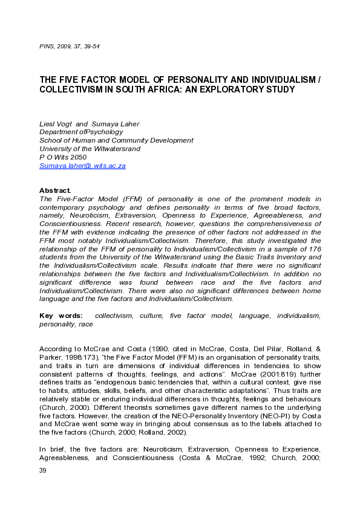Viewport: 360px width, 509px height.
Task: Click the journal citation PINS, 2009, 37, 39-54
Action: pos(70,47)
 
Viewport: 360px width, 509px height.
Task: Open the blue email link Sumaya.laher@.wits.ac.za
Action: pos(82,166)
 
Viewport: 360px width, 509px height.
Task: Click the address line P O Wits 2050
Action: pos(63,157)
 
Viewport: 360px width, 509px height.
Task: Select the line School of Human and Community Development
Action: pos(116,140)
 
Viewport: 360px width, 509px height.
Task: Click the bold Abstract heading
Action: pos(55,190)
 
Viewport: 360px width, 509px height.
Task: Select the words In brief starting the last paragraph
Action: pos(51,449)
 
